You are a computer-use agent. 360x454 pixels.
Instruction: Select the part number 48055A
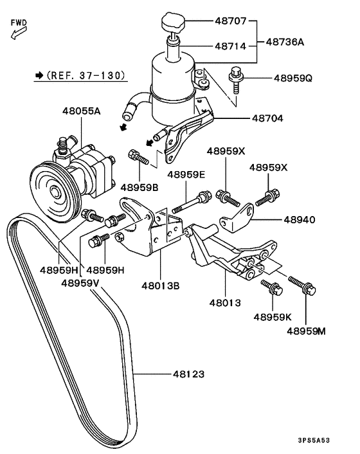click(x=82, y=111)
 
